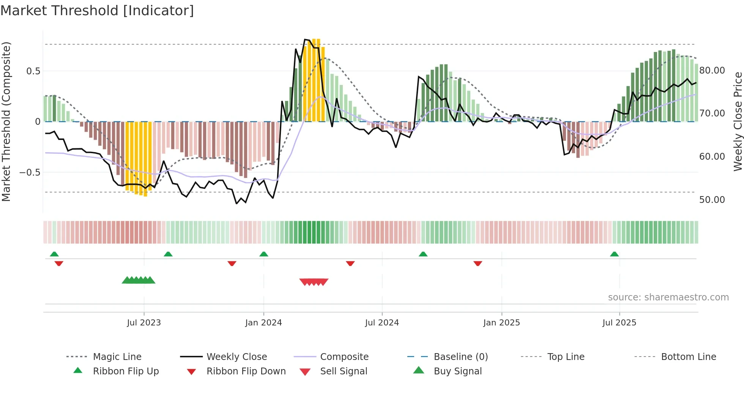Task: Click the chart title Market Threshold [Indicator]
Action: pos(97,11)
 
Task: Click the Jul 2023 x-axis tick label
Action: pos(144,323)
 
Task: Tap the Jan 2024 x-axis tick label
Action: pos(263,323)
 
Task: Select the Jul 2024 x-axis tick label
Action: pos(382,323)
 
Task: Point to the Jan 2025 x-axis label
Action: pos(501,323)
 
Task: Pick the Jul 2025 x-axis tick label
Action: pos(619,323)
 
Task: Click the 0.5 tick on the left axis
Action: pos(33,71)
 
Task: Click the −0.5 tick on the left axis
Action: pos(30,173)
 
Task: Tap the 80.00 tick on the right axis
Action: pos(712,71)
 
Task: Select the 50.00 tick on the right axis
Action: pos(712,200)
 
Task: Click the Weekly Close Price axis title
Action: pos(738,121)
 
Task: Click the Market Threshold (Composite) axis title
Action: pos(6,121)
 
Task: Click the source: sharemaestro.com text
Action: pos(668,297)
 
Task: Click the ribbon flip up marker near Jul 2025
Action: pos(614,254)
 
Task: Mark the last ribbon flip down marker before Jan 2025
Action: pos(478,263)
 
